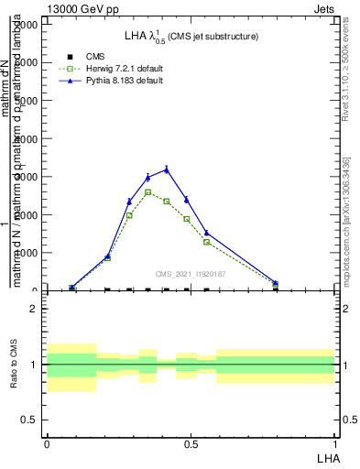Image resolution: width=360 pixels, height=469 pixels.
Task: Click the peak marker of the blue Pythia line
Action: (x=167, y=169)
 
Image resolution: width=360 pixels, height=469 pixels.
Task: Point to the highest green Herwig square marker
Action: (x=147, y=192)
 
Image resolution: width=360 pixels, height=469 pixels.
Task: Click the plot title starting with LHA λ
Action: (x=191, y=37)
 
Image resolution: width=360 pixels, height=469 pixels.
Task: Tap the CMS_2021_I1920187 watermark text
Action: (x=190, y=274)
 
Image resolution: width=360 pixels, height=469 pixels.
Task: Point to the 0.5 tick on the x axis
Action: (x=191, y=443)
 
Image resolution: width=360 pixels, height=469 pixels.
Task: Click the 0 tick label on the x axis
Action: (x=46, y=443)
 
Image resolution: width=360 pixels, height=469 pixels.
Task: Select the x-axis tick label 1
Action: (x=335, y=443)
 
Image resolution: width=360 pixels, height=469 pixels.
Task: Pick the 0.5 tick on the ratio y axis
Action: (x=30, y=420)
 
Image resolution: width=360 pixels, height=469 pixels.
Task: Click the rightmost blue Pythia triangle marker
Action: (x=276, y=283)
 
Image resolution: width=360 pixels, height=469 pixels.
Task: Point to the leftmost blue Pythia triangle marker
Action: (x=72, y=288)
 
